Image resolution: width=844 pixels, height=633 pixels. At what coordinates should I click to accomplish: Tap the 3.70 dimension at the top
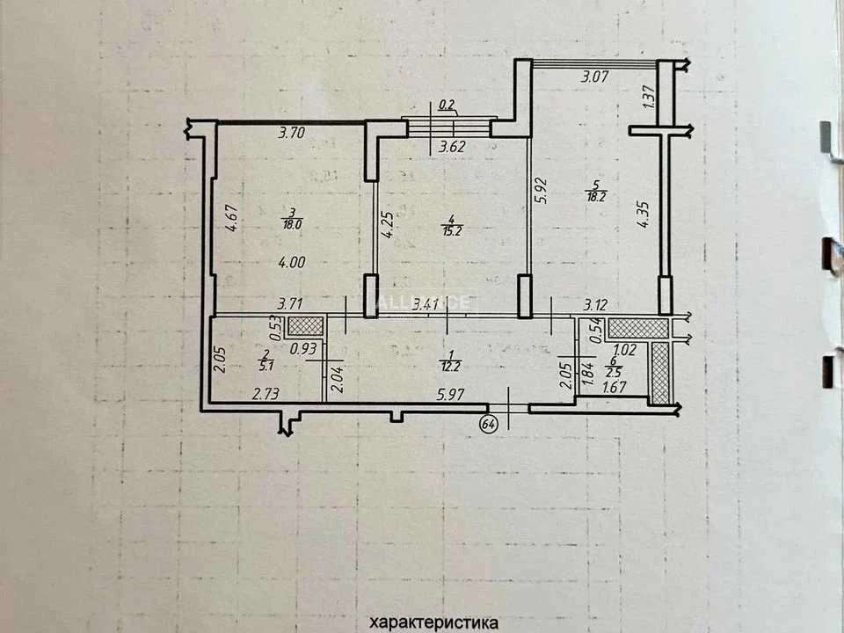[292, 133]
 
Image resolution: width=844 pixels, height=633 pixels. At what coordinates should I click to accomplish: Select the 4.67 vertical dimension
[231, 217]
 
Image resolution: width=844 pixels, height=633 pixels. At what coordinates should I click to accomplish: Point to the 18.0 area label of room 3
[292, 225]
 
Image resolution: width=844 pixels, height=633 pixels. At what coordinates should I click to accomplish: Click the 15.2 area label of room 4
[452, 231]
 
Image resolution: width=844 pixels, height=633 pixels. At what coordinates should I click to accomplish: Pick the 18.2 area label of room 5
[596, 196]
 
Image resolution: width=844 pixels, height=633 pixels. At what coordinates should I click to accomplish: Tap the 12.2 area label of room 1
[450, 367]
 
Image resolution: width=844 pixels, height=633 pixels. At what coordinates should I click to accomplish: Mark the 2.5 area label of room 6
[615, 373]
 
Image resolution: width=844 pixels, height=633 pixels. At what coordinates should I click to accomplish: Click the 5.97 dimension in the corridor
[450, 395]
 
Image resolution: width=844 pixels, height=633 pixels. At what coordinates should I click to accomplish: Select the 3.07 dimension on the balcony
[594, 76]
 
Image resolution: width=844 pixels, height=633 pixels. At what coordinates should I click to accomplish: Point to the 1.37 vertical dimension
[649, 98]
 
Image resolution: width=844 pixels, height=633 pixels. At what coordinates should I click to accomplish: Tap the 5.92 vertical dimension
[541, 190]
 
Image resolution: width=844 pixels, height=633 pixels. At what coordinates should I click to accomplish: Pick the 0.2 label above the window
[446, 105]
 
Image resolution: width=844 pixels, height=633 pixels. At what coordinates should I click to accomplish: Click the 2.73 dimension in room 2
[266, 395]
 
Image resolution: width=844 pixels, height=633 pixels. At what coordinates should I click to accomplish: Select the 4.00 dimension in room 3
[292, 263]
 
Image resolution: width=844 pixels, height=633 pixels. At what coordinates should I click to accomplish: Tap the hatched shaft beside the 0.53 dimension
[305, 325]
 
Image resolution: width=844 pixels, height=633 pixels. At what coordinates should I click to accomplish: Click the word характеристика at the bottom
[433, 622]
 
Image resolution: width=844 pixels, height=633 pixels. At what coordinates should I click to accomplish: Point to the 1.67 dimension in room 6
[615, 387]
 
